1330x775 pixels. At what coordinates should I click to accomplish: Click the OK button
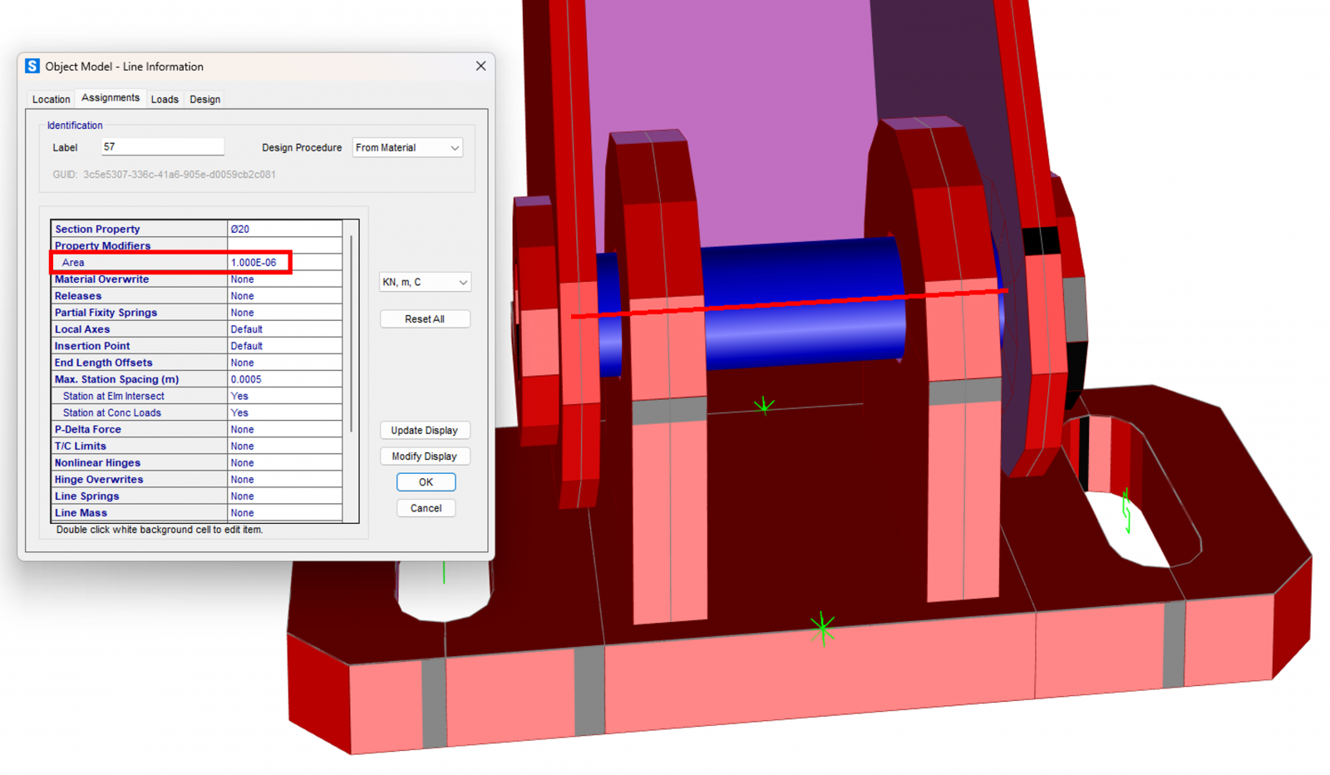[426, 482]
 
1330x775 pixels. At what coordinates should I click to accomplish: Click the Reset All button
[425, 319]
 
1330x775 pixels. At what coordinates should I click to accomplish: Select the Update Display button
[425, 430]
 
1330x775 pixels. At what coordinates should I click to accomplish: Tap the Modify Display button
[425, 456]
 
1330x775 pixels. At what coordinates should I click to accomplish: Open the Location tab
[51, 99]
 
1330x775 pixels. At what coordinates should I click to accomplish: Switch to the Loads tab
[165, 99]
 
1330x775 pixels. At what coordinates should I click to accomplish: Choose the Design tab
[204, 99]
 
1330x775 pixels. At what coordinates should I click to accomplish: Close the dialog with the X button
[481, 66]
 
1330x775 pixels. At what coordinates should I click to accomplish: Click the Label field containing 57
[162, 146]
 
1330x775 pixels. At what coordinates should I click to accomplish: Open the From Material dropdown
[407, 147]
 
